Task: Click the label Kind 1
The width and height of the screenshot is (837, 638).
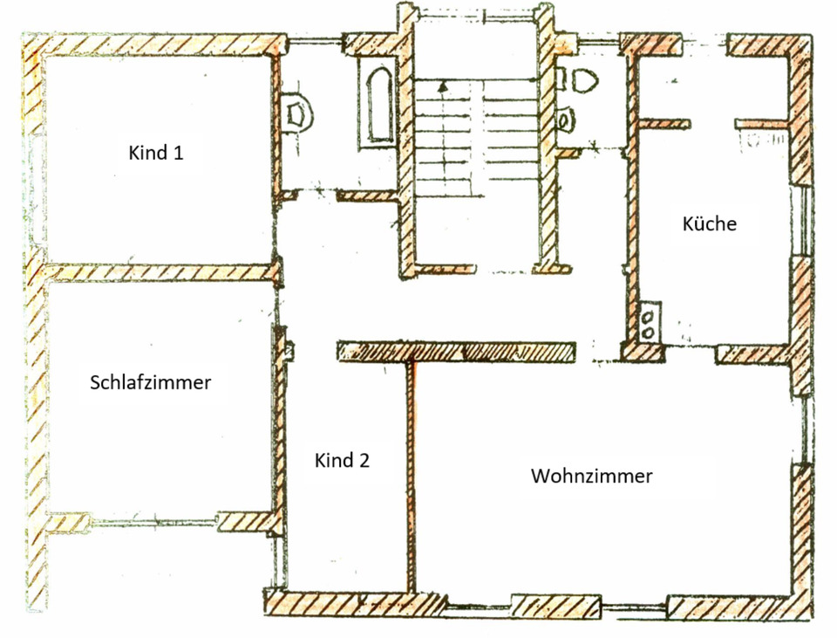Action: click(156, 153)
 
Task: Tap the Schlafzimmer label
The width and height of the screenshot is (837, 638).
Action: click(151, 382)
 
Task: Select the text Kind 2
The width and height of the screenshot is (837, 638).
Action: click(342, 461)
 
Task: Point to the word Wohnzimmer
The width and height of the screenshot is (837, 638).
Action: click(592, 477)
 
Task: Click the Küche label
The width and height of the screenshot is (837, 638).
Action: click(709, 223)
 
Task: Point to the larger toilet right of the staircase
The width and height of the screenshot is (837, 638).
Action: click(585, 80)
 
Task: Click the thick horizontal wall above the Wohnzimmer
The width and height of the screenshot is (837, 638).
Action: click(456, 351)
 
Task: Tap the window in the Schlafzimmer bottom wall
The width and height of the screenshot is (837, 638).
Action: click(153, 522)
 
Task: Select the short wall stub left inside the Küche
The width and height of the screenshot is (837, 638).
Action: click(664, 123)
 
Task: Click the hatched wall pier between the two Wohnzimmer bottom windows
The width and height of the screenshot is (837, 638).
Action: click(555, 605)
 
